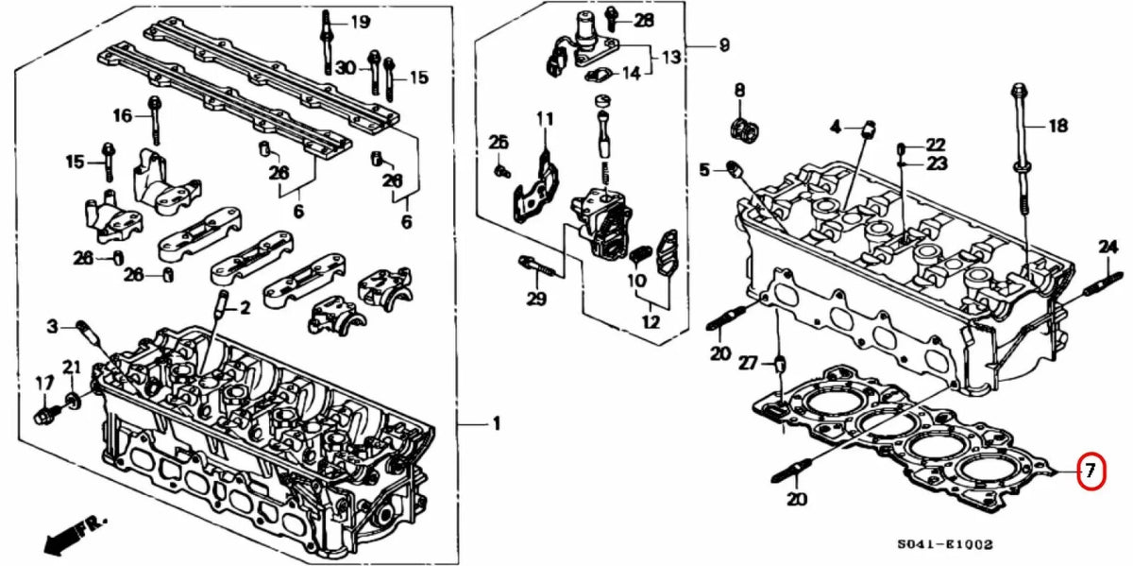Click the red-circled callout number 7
tap(1090, 471)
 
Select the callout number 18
tap(1057, 125)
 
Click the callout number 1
tap(496, 423)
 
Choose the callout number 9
tap(724, 44)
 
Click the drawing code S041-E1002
tap(945, 545)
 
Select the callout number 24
tap(1108, 247)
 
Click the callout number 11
tap(545, 118)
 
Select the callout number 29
tap(536, 300)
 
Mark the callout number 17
tap(43, 383)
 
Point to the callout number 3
tap(54, 327)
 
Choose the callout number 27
tap(748, 362)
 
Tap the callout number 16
tap(124, 116)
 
